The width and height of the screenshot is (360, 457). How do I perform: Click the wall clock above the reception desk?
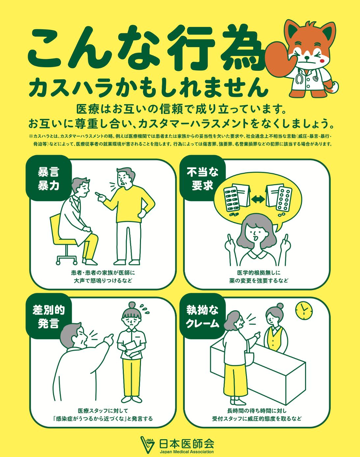click(304, 311)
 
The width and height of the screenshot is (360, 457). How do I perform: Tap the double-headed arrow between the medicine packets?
click(258, 199)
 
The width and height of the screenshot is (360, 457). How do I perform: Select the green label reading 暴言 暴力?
click(48, 178)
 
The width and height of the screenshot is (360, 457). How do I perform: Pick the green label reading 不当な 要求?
click(203, 178)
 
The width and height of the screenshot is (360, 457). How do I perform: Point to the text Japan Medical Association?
click(187, 452)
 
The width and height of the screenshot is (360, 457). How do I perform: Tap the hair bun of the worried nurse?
click(132, 305)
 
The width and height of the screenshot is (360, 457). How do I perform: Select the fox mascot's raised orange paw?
click(278, 58)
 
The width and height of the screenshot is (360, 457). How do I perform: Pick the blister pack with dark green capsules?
click(232, 199)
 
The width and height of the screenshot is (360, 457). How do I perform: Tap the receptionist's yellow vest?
click(275, 338)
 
